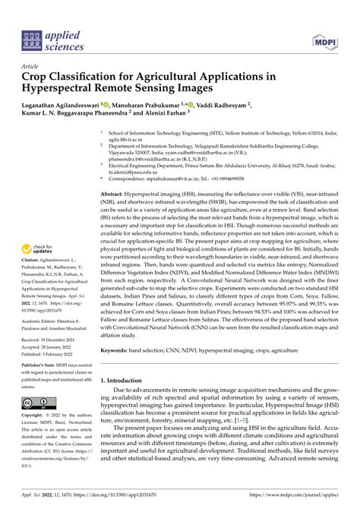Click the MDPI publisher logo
click(x=321, y=38)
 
